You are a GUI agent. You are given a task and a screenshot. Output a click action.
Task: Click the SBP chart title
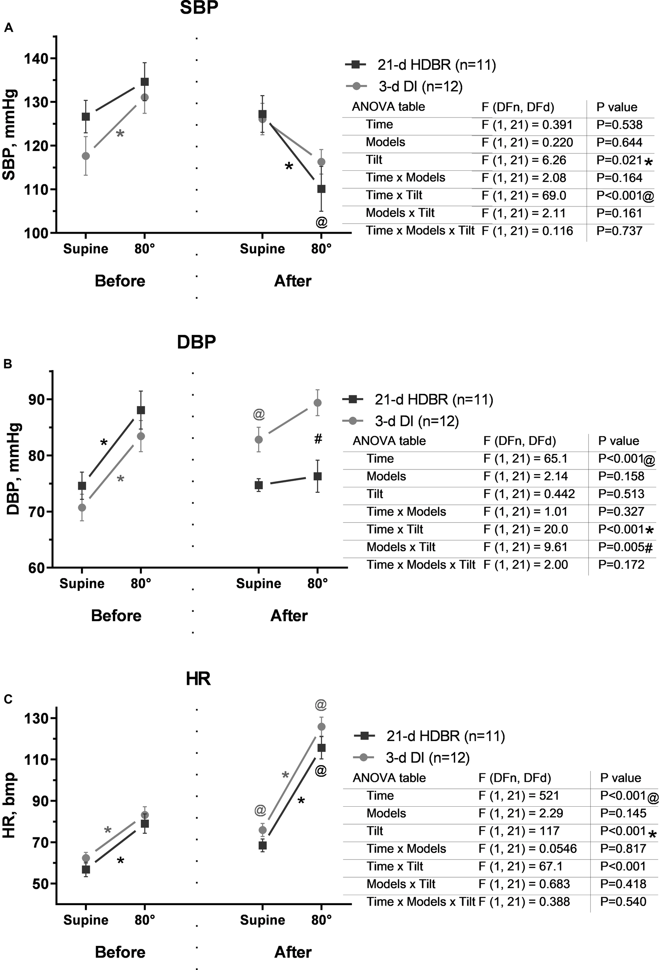coord(198,7)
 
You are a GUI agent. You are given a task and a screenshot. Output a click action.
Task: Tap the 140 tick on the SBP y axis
coord(37,59)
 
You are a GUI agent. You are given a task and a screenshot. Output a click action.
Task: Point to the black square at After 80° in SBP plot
coord(321,189)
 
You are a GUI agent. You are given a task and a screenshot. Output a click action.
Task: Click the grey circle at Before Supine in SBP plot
coord(86,156)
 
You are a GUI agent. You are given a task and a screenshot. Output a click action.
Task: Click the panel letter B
coord(8,364)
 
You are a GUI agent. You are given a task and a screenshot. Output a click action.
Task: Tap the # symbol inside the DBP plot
coord(318,439)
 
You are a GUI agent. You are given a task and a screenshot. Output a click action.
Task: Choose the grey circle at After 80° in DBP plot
coord(317,403)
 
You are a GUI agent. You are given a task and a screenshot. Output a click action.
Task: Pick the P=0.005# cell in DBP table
coord(624,547)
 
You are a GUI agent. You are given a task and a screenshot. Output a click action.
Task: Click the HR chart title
coord(198,679)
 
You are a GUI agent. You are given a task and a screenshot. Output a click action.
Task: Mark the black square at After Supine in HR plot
coord(262,845)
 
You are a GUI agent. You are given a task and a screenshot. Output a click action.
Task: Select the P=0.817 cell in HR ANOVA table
coord(623,849)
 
